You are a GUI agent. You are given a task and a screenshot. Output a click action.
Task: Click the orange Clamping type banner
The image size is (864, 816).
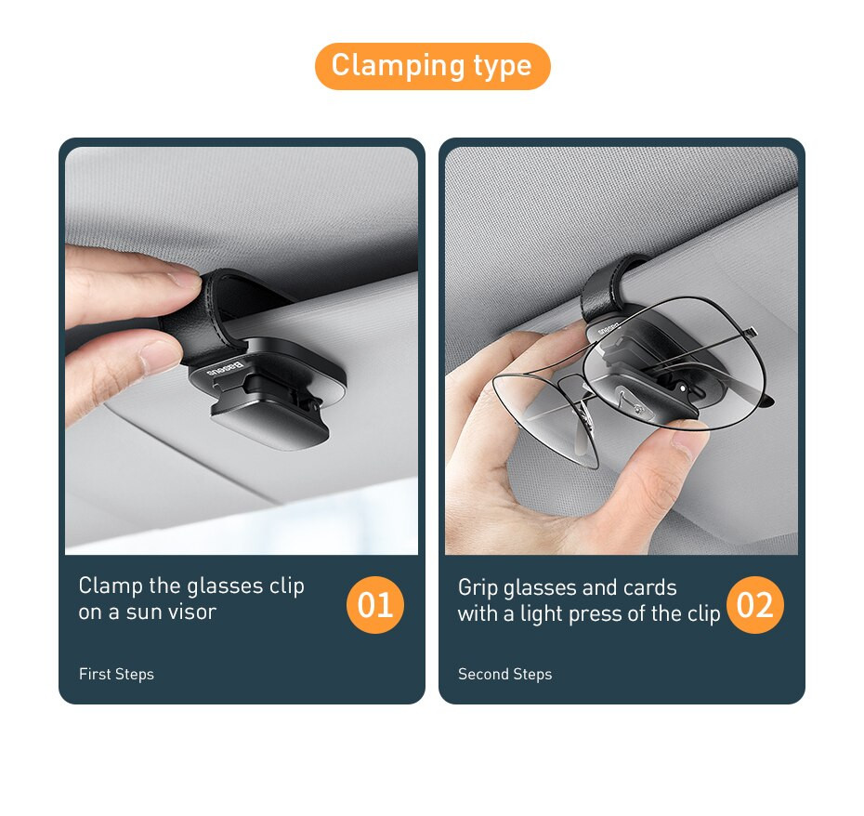click(x=432, y=66)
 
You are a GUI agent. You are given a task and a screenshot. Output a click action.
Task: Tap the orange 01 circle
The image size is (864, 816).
click(x=375, y=605)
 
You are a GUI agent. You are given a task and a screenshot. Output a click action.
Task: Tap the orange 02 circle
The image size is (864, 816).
click(x=754, y=605)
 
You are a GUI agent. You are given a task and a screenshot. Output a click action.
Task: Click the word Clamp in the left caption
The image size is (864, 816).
click(x=111, y=586)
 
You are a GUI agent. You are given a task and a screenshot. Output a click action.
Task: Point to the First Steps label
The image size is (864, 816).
click(x=116, y=674)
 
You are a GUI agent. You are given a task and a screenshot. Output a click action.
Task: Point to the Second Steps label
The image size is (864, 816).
click(x=504, y=674)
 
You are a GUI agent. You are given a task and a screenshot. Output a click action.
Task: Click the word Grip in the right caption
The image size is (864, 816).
click(x=478, y=587)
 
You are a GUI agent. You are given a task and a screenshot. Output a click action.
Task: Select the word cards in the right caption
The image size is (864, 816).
click(x=650, y=587)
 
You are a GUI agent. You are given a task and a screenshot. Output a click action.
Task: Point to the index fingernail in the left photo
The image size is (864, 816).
click(x=182, y=276)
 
